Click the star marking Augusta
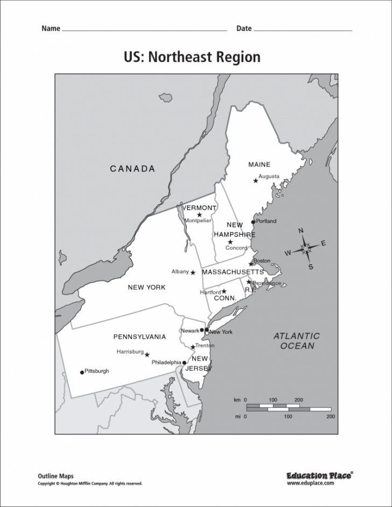tap(256, 181)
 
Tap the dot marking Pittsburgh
tap(82, 372)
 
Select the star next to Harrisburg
tap(147, 355)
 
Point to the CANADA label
tap(132, 169)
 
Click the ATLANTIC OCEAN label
tap(296, 341)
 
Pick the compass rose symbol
tap(306, 248)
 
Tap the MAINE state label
tap(259, 164)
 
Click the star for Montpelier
tap(199, 215)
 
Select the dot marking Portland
tap(253, 222)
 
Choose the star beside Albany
tap(193, 272)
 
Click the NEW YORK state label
tap(146, 287)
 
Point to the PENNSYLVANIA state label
tap(139, 337)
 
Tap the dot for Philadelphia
tap(184, 363)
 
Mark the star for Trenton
tap(193, 347)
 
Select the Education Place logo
tap(318, 475)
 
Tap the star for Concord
tap(230, 242)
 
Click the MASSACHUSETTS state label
tap(233, 272)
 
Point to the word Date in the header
tap(244, 29)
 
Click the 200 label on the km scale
tap(299, 400)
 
